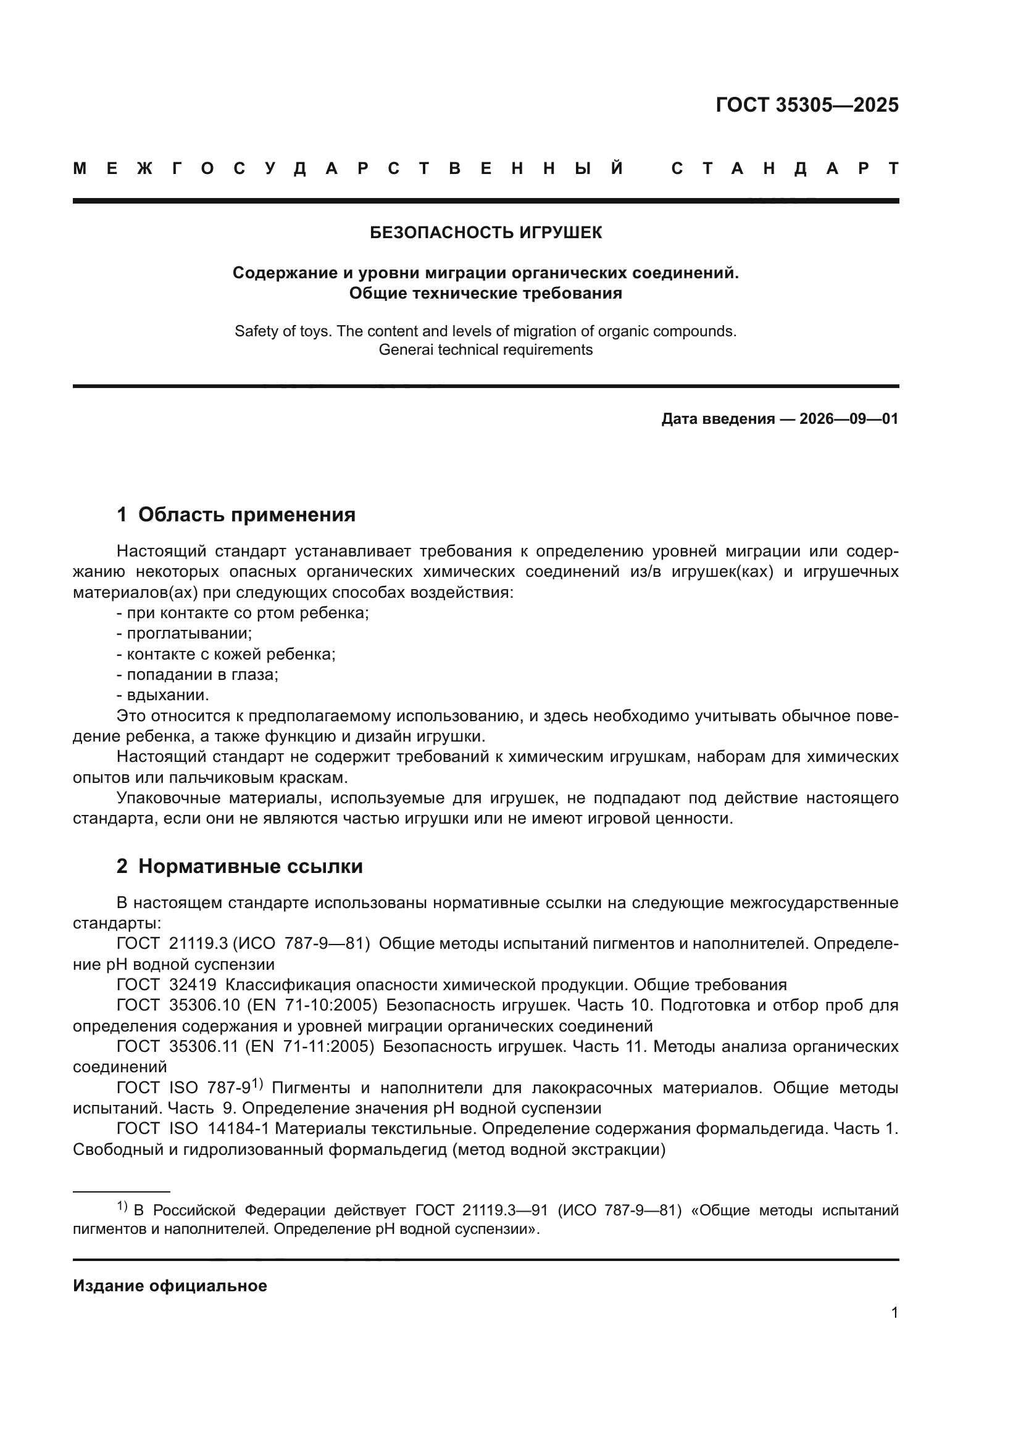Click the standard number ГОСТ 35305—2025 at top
[807, 105]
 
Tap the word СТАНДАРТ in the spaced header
[785, 169]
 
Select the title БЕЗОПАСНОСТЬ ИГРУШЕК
[485, 233]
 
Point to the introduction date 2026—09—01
[848, 419]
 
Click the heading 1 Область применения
[236, 515]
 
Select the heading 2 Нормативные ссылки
[240, 867]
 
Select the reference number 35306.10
[205, 1006]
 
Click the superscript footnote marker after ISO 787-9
[257, 1083]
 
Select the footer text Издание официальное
[170, 1286]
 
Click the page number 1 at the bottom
[894, 1313]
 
